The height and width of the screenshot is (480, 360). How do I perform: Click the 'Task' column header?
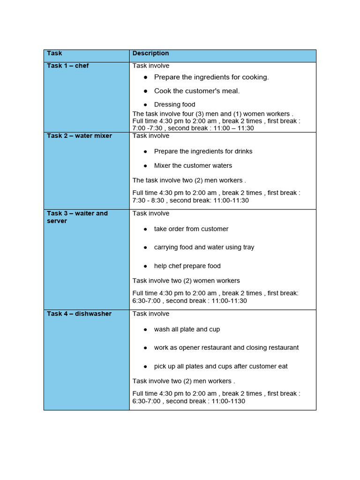click(54, 53)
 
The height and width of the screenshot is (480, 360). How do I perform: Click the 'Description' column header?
click(150, 53)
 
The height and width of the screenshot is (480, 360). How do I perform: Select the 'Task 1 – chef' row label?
click(67, 66)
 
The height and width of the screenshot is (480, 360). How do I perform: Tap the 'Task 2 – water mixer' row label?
click(79, 135)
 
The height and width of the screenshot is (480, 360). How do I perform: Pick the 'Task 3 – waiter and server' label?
click(77, 217)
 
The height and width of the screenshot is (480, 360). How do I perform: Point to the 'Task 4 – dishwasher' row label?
click(79, 314)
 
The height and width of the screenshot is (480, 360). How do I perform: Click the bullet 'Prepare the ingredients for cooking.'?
click(211, 77)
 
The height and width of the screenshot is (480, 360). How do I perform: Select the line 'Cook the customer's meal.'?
click(196, 91)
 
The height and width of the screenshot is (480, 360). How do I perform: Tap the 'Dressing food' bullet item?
click(174, 105)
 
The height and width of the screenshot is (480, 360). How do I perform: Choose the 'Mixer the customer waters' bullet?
click(193, 165)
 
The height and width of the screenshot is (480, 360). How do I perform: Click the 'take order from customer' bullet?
click(191, 229)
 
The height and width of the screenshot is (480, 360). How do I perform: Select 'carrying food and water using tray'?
click(204, 247)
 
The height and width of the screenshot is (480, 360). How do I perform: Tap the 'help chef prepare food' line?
click(187, 266)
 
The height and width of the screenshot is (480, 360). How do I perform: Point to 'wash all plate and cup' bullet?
click(187, 329)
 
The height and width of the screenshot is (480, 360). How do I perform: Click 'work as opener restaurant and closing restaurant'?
click(226, 347)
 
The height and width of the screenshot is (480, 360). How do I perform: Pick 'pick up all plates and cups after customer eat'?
click(221, 366)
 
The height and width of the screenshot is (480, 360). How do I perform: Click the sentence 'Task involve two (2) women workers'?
click(186, 281)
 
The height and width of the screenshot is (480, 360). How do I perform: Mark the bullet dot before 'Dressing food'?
click(146, 105)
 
